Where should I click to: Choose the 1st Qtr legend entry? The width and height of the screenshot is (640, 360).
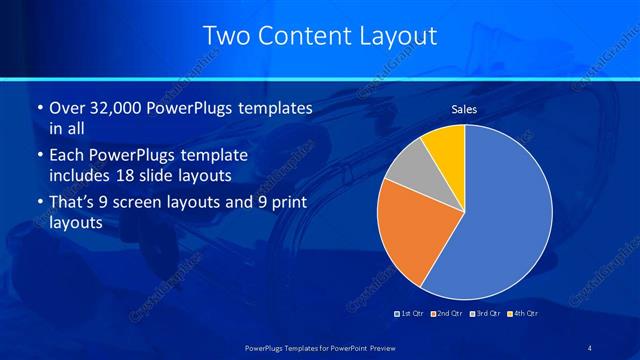[410, 314]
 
